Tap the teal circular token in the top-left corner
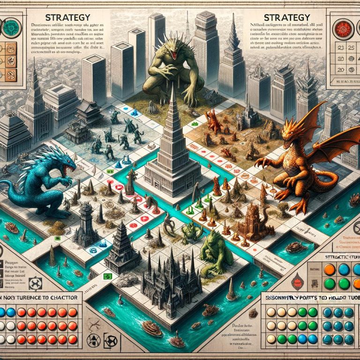[10, 27]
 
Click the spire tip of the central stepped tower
[172, 89]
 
